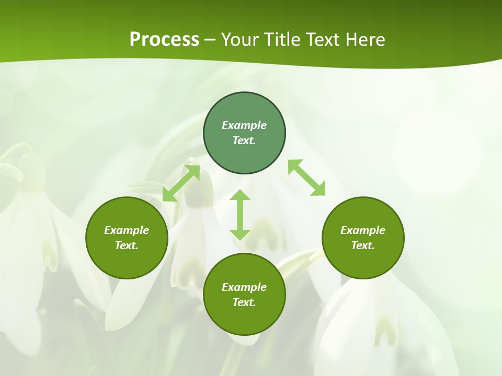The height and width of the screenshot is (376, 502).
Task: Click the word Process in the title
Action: click(x=164, y=40)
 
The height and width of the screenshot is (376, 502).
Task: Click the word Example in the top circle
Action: click(x=244, y=125)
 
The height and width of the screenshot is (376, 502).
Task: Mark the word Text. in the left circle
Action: click(x=127, y=245)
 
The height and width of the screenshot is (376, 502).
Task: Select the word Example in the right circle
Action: click(x=363, y=230)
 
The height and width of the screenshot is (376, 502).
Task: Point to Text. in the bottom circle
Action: click(x=244, y=302)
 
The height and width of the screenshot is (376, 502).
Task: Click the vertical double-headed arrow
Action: click(x=240, y=215)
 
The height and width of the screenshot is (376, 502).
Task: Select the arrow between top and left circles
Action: click(x=181, y=183)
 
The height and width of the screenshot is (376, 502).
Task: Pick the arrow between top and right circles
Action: click(x=306, y=178)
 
